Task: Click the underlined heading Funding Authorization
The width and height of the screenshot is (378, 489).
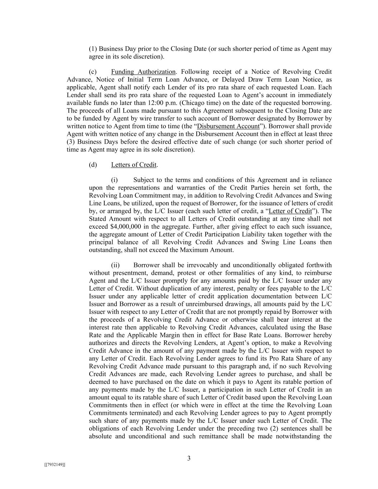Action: [143, 72]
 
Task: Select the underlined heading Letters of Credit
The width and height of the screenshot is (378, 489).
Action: [134, 165]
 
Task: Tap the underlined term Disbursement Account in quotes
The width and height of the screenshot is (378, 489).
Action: [228, 126]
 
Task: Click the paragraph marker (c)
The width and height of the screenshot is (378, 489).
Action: [93, 72]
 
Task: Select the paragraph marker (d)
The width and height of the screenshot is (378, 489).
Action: [93, 165]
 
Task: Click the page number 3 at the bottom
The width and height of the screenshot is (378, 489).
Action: [189, 459]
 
